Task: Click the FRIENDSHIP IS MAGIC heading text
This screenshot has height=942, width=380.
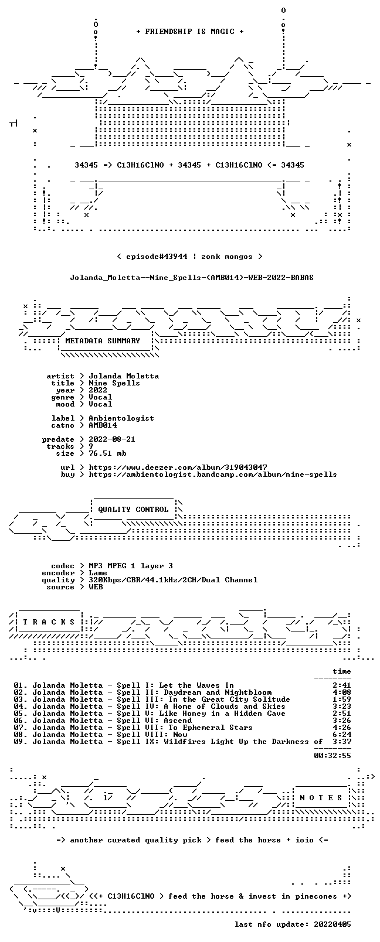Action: point(190,32)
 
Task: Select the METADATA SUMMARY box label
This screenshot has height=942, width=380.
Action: point(102,340)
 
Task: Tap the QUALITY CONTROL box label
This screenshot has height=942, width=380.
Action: point(133,509)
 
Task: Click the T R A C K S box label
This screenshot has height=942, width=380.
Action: point(49,622)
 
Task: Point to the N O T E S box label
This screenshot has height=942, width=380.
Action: point(321,798)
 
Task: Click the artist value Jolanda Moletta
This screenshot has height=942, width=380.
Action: point(124,376)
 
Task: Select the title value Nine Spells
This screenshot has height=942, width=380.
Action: point(114,383)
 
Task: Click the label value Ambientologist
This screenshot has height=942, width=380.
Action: point(121,418)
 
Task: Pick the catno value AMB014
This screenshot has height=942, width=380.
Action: point(103,425)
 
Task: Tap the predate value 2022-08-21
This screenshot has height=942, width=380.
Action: point(112,439)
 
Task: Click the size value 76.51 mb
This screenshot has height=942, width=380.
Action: point(107,453)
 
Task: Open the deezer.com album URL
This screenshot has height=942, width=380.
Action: point(178,467)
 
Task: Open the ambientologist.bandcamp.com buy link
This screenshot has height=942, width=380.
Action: point(212,475)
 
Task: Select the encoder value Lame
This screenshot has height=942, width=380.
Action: point(97,573)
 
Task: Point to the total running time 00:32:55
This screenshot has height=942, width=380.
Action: point(333,756)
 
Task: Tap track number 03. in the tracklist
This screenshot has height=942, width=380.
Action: point(21,699)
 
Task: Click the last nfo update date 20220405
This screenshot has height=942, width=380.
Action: point(333,924)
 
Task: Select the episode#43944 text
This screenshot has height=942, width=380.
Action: point(157,257)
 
